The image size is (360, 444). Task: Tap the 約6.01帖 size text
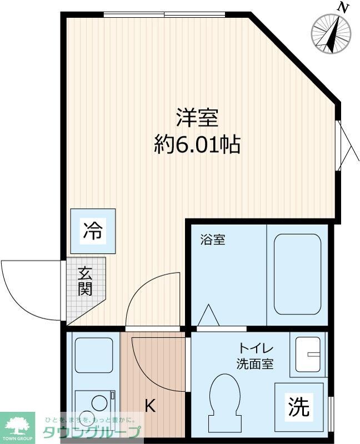[197, 145]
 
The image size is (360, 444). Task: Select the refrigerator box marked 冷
[93, 231]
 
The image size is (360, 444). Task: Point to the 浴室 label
[213, 240]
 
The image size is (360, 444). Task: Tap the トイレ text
[255, 349]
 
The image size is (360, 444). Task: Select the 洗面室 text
[255, 365]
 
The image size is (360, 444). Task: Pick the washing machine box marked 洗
[299, 408]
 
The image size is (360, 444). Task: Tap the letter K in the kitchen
[150, 406]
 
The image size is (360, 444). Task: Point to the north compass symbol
[332, 33]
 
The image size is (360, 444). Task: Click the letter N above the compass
[344, 8]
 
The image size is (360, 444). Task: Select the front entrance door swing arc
[28, 283]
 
